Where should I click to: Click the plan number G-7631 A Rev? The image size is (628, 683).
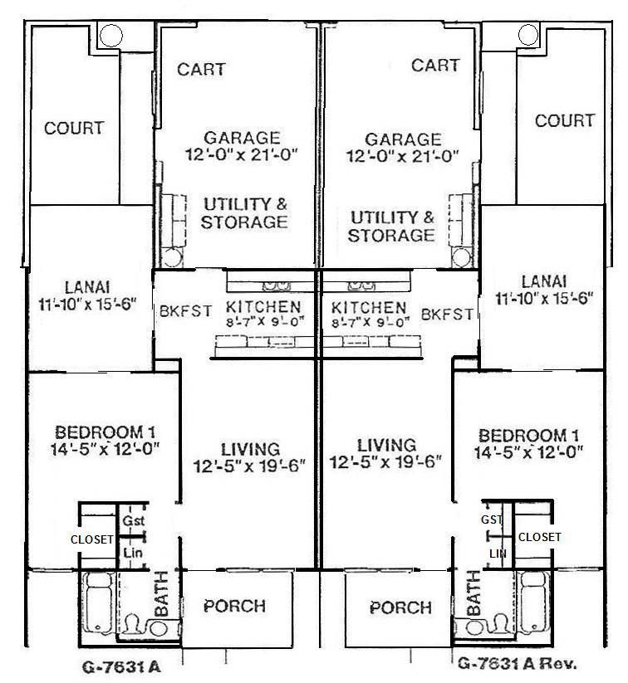pos(516,663)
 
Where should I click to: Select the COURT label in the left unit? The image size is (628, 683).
pos(74,128)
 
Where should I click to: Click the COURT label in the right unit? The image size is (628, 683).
pos(564,120)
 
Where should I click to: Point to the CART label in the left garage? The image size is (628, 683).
pos(201,69)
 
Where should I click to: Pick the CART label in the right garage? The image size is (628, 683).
pos(435,65)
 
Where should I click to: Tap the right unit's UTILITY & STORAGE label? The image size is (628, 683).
pos(390,226)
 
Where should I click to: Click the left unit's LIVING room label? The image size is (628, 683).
pos(245,449)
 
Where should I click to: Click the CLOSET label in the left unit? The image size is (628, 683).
pos(91,539)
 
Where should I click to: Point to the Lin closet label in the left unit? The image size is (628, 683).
pos(131,552)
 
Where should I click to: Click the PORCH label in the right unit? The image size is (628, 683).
pos(400,607)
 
